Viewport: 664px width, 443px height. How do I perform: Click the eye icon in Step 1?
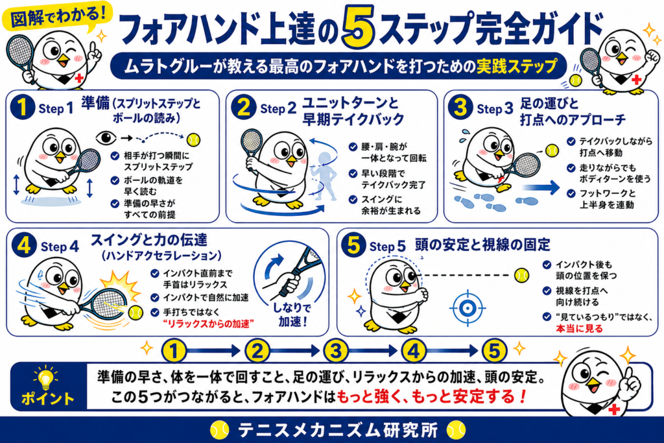click(x=106, y=138)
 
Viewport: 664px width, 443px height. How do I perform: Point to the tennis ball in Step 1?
click(x=193, y=139)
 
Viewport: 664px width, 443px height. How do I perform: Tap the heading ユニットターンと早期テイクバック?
click(x=353, y=111)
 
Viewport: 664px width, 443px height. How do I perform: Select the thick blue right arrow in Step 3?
click(x=541, y=187)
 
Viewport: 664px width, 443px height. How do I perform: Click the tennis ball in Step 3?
click(x=552, y=150)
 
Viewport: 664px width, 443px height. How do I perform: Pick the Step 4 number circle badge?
click(x=24, y=245)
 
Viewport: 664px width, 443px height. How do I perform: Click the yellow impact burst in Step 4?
click(x=120, y=286)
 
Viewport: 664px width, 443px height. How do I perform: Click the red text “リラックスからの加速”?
click(x=208, y=324)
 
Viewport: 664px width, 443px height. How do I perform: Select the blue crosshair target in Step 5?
click(x=467, y=308)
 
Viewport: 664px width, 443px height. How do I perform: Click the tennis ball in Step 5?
click(x=522, y=275)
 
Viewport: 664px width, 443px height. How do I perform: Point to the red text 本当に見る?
click(x=579, y=329)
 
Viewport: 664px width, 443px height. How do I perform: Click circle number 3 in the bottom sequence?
click(x=336, y=351)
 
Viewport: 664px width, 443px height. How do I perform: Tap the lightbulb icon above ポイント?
click(x=45, y=377)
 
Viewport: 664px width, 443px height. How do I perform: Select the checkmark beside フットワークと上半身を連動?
click(x=571, y=193)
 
